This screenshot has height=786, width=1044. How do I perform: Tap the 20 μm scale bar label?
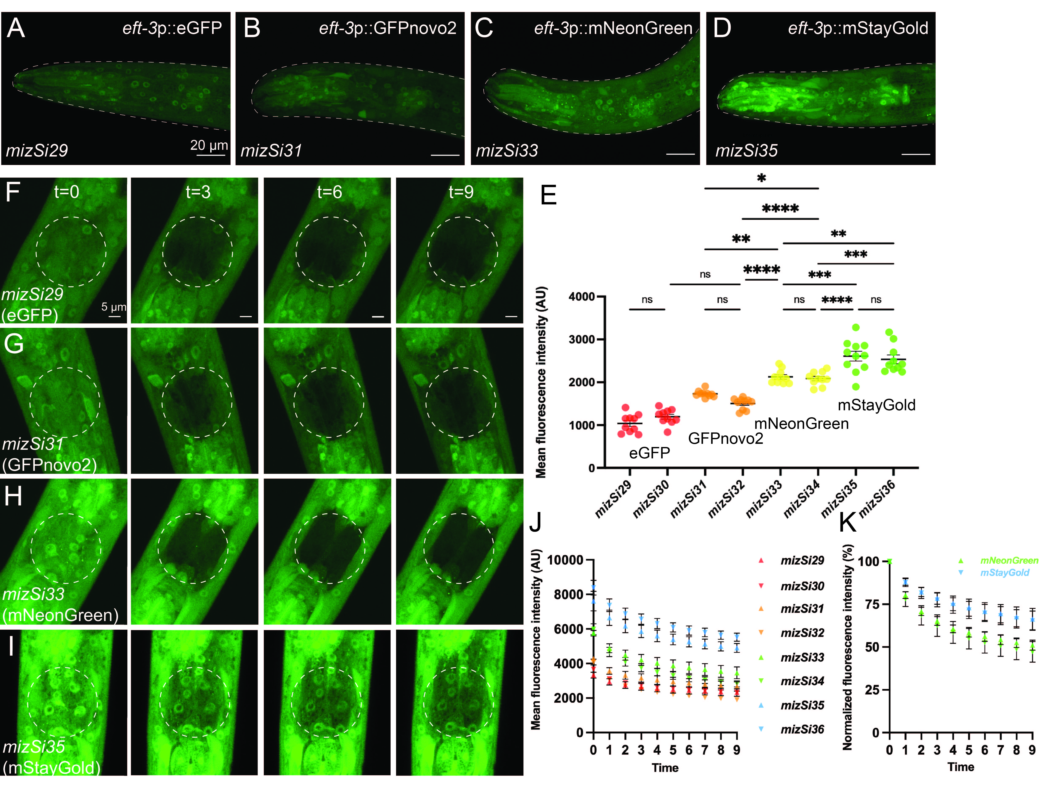pos(209,145)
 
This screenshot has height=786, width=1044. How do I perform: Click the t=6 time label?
pos(329,192)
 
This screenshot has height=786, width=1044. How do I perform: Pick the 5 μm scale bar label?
pos(114,307)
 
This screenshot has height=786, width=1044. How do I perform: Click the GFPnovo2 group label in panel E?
pos(725,439)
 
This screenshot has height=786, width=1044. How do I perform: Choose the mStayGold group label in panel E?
pos(877,405)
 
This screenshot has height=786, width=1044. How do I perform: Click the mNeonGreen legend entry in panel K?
pos(1009,560)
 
